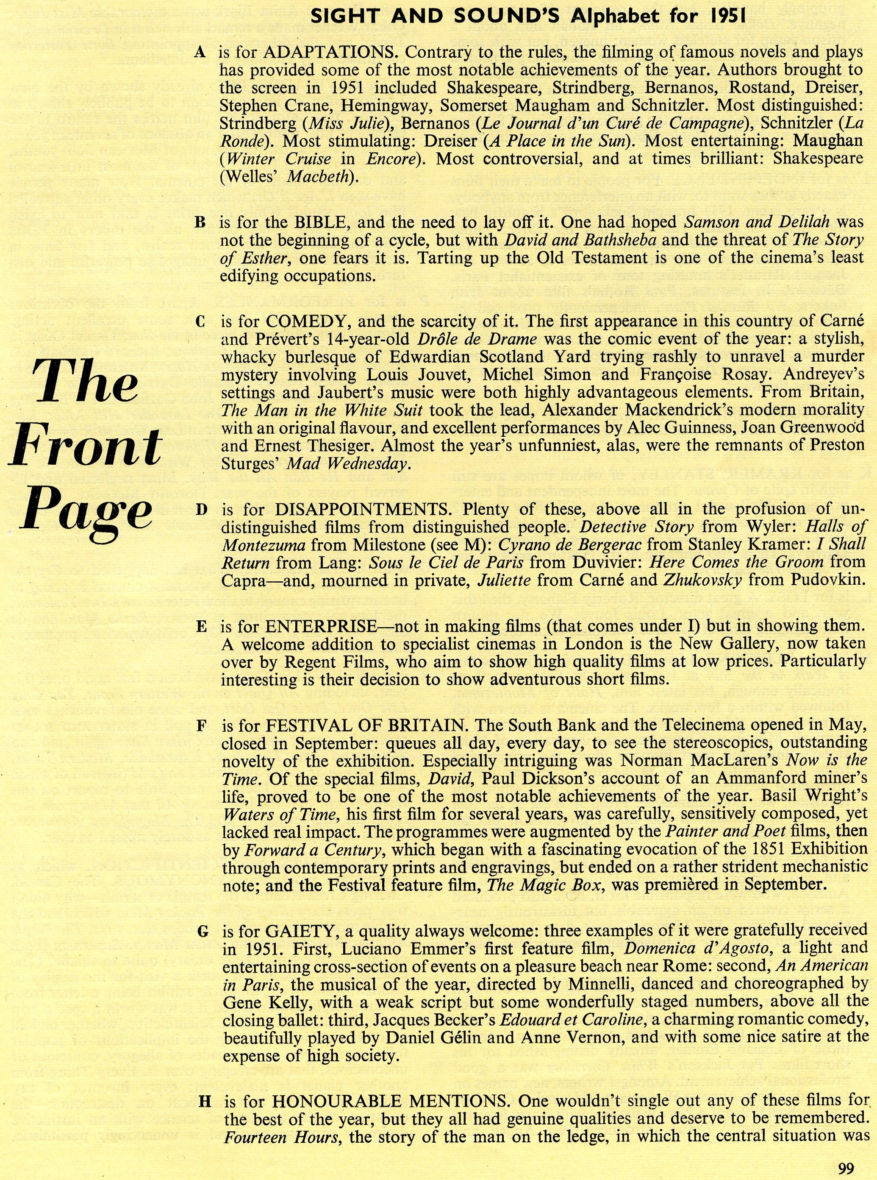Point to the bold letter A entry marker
(200, 52)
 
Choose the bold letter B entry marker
(200, 223)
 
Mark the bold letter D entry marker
(201, 510)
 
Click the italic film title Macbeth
(319, 176)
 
